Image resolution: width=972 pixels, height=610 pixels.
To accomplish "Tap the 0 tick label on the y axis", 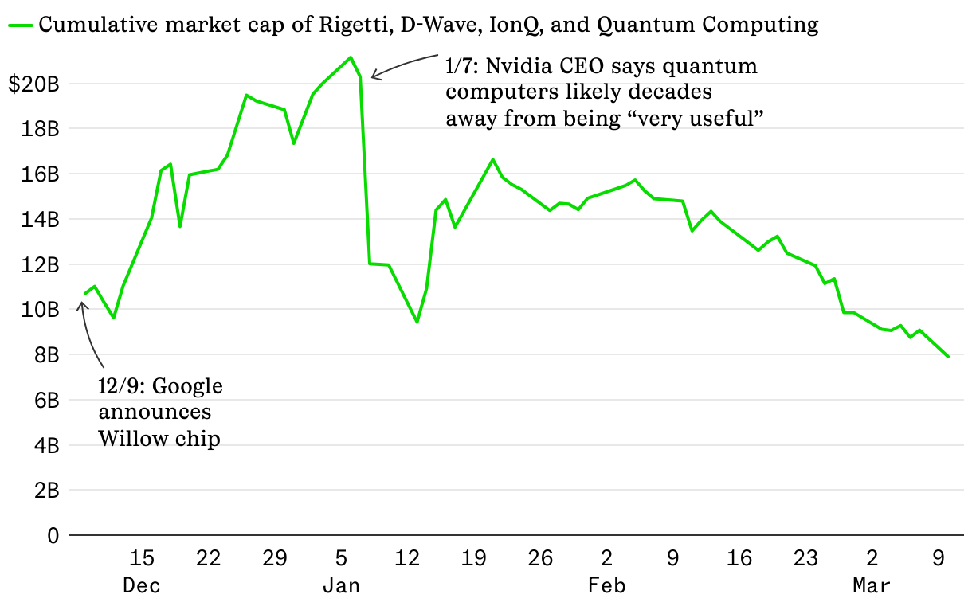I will (x=53, y=536).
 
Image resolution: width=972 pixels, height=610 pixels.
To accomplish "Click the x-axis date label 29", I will (x=274, y=558).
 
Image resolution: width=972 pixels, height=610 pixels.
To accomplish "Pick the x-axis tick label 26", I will (x=540, y=558).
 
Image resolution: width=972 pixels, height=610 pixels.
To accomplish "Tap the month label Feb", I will (x=606, y=586).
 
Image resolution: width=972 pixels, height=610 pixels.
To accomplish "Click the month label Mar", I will (x=872, y=586).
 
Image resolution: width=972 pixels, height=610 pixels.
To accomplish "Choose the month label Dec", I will (x=141, y=586).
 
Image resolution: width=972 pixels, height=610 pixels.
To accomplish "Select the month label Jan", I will (x=341, y=586).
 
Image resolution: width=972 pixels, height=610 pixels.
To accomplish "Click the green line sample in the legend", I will (x=21, y=25).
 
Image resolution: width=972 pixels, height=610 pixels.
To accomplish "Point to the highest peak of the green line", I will (x=351, y=57).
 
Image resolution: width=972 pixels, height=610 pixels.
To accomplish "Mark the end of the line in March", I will (x=948, y=356).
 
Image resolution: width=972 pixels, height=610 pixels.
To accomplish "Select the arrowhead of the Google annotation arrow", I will (x=80, y=303).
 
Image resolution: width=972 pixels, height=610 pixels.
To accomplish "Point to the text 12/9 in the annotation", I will (x=120, y=387).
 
